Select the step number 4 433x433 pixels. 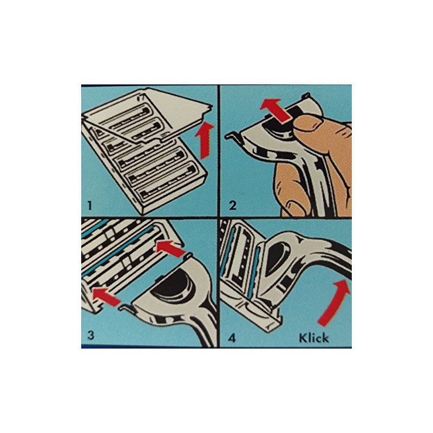pyautogui.click(x=233, y=338)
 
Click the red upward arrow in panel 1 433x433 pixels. pyautogui.click(x=204, y=139)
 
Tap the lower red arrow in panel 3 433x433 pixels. pyautogui.click(x=106, y=296)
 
